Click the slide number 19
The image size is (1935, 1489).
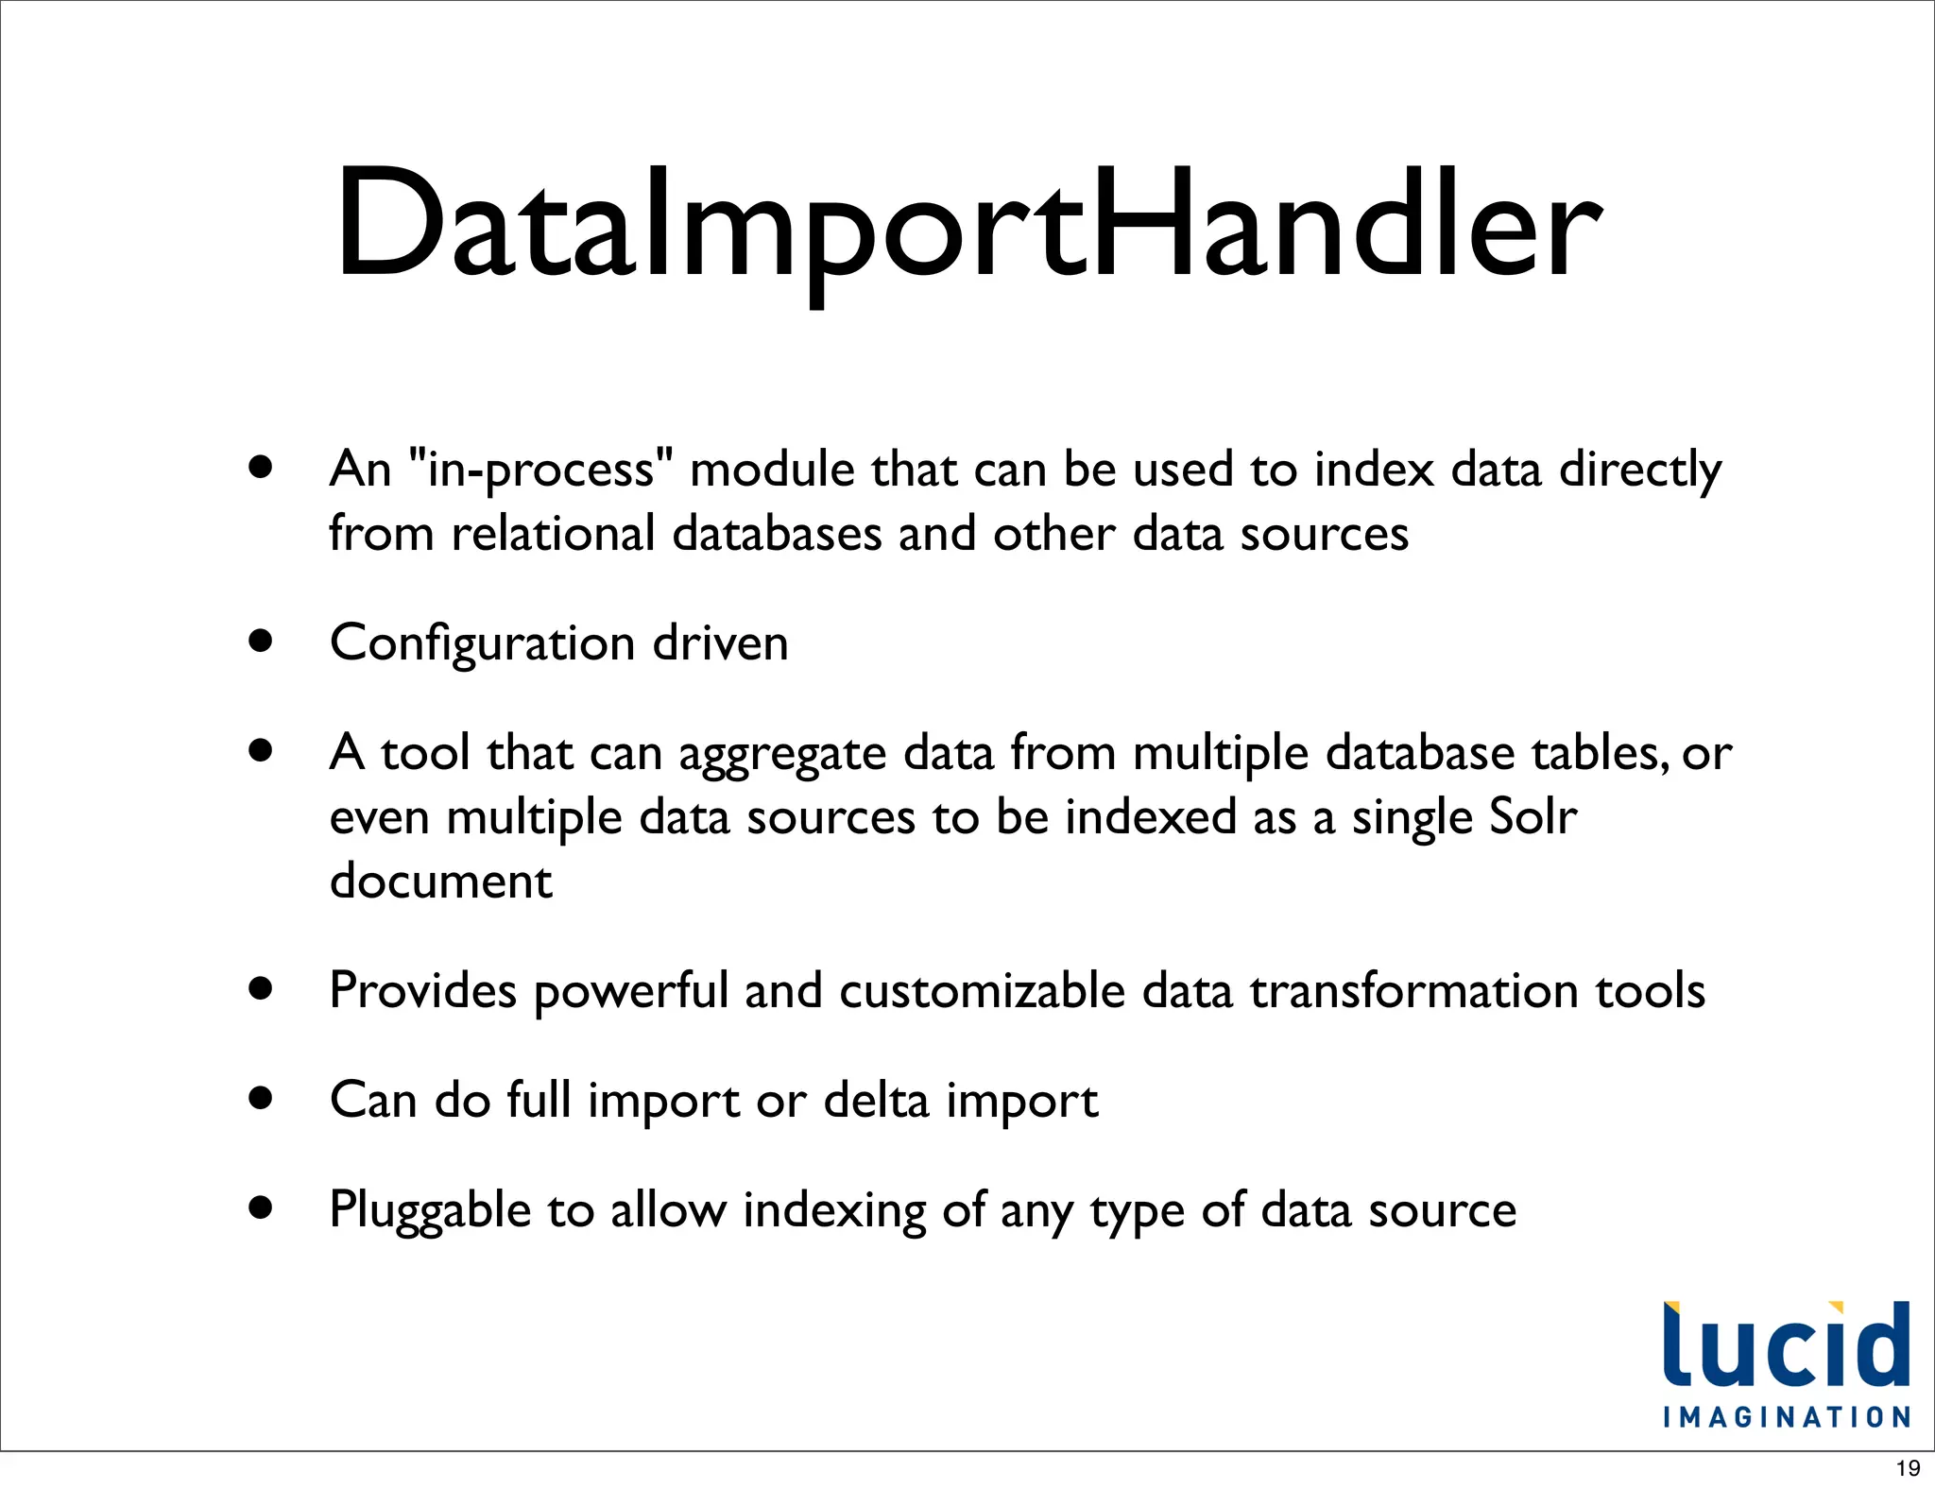point(1908,1468)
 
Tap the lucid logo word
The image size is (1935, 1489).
point(1786,1345)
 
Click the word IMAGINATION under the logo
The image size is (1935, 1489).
point(1787,1417)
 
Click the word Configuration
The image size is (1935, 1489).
point(482,644)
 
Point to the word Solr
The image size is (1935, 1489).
point(1532,816)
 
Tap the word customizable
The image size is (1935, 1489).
point(982,991)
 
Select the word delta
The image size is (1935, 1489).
point(876,1101)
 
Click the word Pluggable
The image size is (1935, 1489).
point(430,1211)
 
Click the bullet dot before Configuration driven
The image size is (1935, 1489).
point(261,642)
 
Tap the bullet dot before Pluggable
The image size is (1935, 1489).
point(261,1207)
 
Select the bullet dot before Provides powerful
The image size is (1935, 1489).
point(261,989)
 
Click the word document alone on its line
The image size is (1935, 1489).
point(440,881)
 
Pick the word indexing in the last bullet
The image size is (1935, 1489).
point(834,1211)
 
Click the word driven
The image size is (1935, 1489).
point(720,644)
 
